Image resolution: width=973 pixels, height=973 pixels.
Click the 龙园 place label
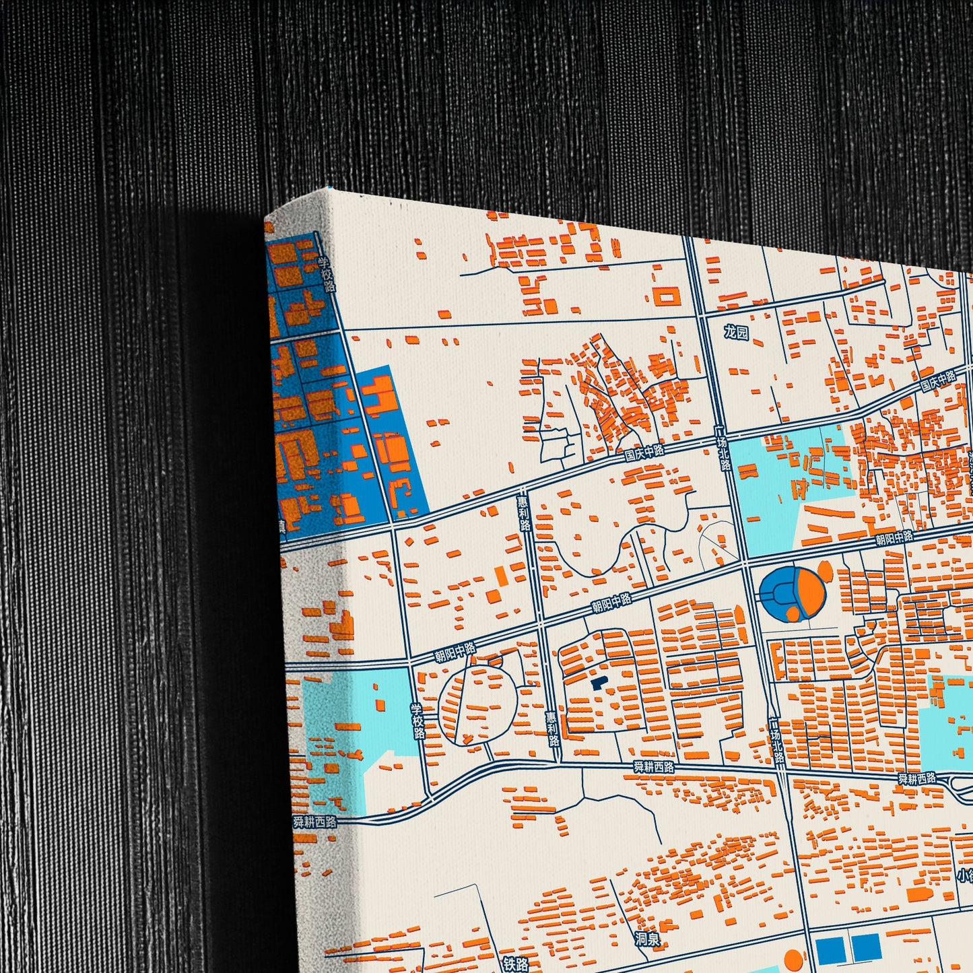coord(736,333)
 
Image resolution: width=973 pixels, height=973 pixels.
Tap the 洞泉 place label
coord(647,939)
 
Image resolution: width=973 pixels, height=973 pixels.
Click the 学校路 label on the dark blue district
coord(327,274)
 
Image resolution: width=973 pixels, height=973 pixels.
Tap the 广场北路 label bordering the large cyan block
coord(723,453)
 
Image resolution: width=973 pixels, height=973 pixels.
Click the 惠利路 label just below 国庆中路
coord(523,514)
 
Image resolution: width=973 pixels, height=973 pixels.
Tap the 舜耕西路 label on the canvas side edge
coord(314,822)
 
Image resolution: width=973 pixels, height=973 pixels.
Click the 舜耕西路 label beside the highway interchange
coord(916,778)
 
